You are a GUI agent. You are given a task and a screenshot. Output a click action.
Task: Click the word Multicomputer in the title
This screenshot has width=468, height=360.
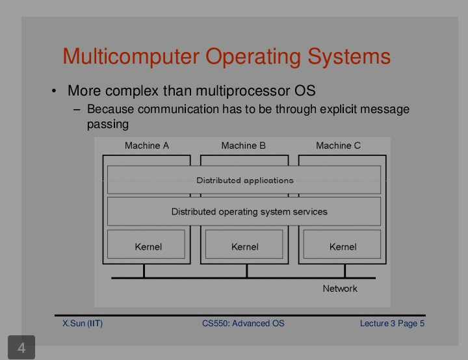[131, 56]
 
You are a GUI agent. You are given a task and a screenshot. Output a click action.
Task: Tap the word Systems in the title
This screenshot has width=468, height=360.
[349, 57]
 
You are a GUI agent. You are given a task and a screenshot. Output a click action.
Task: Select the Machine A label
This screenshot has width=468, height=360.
[147, 146]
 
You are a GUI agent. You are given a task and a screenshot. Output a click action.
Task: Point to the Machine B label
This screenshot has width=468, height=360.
[244, 146]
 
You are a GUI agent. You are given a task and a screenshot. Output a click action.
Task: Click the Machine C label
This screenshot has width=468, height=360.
[339, 146]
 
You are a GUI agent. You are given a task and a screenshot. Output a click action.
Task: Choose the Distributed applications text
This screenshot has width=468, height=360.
[245, 180]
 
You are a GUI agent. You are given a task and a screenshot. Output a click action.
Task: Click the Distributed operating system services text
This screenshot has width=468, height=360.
[249, 212]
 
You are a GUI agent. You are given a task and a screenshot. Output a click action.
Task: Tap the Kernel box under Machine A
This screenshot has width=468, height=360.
[146, 244]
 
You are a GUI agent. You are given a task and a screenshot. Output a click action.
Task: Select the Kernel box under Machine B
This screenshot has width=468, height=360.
[244, 244]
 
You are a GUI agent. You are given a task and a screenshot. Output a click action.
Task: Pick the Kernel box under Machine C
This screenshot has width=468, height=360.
[342, 244]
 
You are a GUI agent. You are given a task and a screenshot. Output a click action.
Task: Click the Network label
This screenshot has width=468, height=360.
[340, 289]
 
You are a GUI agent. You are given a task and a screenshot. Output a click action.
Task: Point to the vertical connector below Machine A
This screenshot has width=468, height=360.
[144, 271]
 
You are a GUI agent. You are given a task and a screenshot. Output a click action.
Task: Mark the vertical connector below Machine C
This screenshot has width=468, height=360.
[344, 271]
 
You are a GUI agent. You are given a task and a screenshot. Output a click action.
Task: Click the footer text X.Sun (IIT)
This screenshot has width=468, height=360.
[83, 324]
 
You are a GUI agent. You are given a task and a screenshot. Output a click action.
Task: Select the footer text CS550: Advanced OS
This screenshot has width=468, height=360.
[243, 323]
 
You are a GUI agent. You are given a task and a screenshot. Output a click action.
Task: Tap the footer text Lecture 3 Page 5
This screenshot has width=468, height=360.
[392, 324]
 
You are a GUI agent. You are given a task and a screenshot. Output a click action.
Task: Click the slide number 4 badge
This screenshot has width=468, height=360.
[21, 348]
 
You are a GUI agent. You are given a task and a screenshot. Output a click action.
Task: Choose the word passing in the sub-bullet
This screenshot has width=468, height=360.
[108, 125]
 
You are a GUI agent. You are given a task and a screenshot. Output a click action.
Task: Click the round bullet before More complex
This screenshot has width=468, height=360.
[54, 91]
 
